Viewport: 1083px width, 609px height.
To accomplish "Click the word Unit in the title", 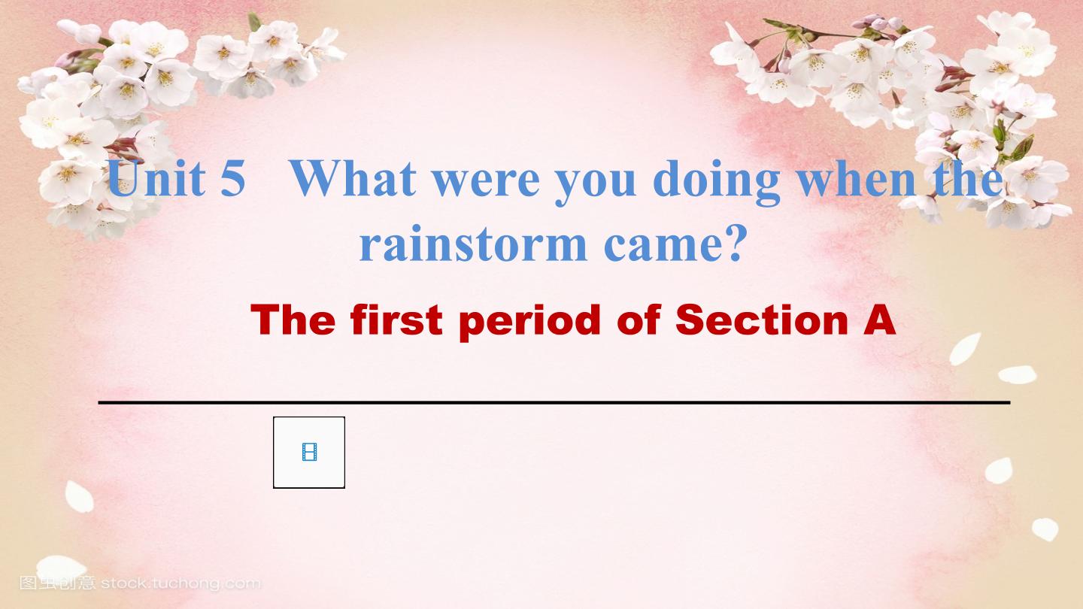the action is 156,178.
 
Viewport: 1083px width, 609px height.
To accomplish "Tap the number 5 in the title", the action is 233,178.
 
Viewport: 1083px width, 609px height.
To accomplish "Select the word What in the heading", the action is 353,178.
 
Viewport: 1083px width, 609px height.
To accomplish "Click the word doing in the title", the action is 717,183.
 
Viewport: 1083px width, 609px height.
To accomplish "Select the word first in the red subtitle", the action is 396,320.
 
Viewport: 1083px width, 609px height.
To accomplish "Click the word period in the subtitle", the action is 530,323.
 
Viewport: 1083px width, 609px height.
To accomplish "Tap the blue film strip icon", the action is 309,452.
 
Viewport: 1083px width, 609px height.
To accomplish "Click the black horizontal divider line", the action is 554,401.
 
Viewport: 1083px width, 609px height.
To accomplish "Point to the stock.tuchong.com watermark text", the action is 180,583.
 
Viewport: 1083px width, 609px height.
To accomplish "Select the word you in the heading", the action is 595,187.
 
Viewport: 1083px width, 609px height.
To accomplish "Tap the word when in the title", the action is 856,178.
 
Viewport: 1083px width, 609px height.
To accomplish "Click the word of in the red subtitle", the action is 639,320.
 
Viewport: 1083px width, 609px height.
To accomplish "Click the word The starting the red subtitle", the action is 293,320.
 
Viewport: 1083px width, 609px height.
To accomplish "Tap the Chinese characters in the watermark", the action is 57,583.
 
